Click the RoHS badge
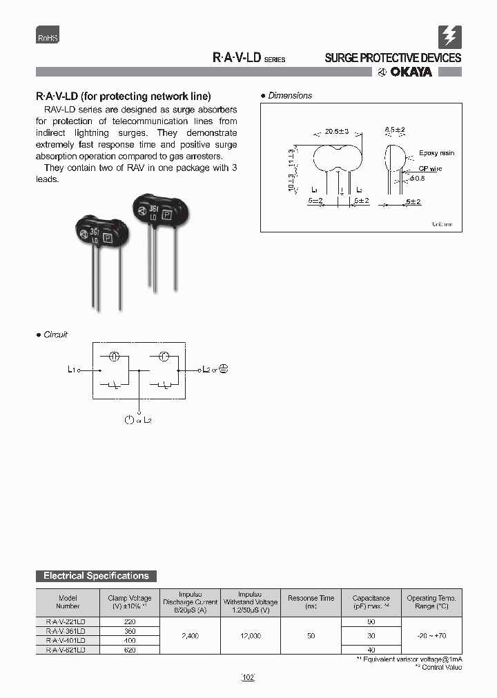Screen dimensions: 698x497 [x=48, y=39]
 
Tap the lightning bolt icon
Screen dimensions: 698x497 [x=450, y=36]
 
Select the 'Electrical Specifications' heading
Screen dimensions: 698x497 [x=96, y=576]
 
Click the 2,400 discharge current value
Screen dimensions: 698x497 [x=189, y=636]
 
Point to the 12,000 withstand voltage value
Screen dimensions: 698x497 [x=249, y=636]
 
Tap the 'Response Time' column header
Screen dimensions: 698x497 [x=311, y=598]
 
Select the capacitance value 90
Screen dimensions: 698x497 [x=371, y=621]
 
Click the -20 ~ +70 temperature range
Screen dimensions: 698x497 [x=431, y=636]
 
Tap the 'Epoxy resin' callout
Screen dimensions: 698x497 [x=436, y=153]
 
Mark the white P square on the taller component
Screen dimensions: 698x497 [x=166, y=215]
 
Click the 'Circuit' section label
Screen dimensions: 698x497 [x=55, y=335]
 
